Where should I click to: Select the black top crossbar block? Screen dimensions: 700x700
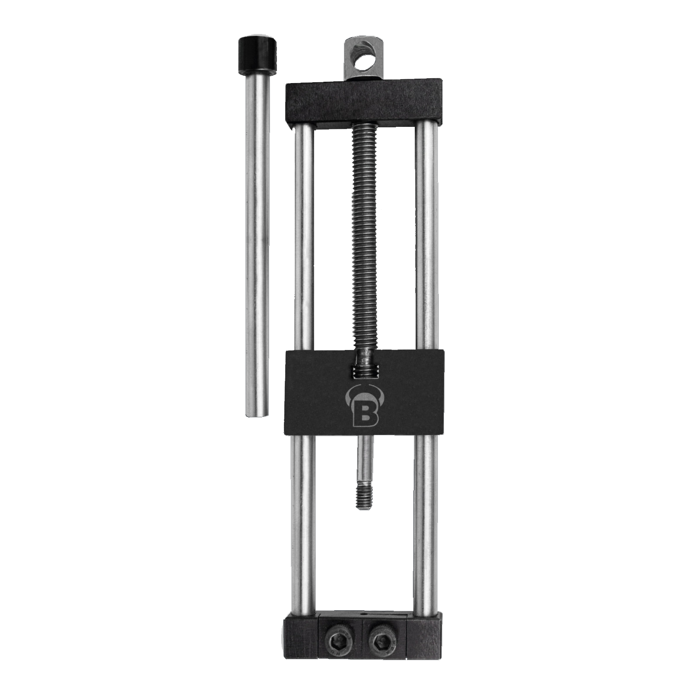pos(364,104)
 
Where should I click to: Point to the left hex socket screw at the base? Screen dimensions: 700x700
pos(338,642)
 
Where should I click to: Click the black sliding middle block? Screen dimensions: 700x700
pos(364,392)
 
